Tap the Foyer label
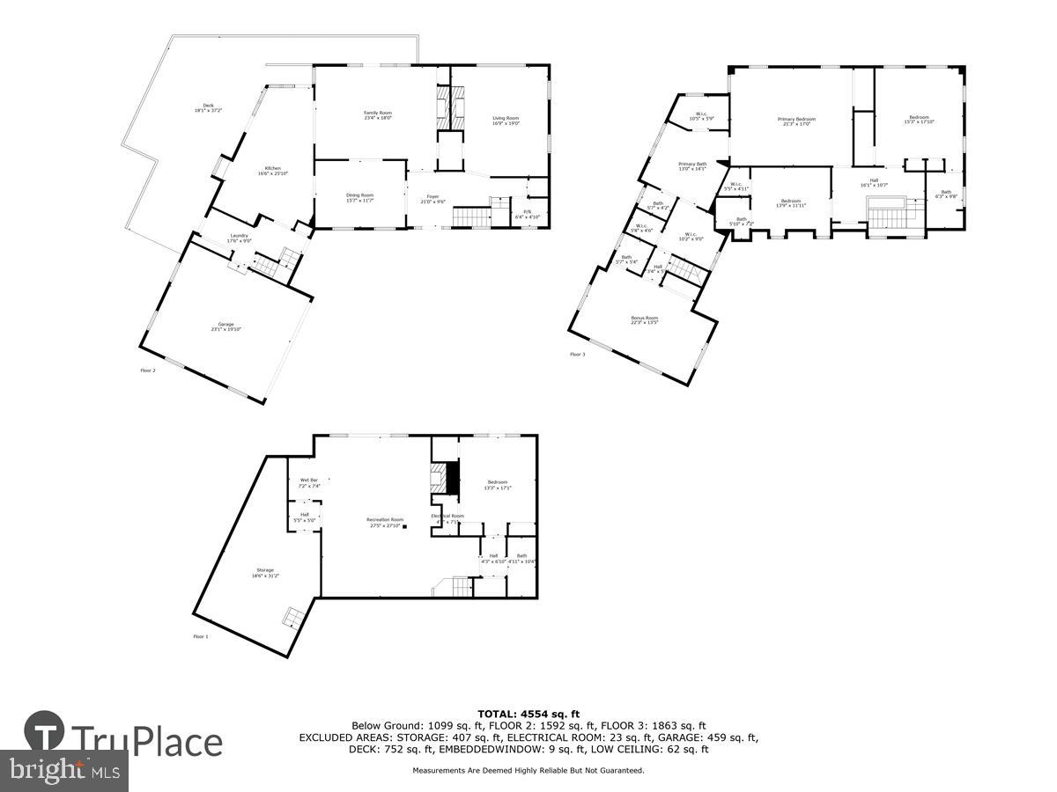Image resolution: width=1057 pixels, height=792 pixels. [432, 199]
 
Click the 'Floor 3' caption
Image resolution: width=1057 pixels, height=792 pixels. [577, 355]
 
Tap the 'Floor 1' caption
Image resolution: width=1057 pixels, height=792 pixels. [201, 636]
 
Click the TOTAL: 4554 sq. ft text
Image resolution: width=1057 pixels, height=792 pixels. [528, 714]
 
